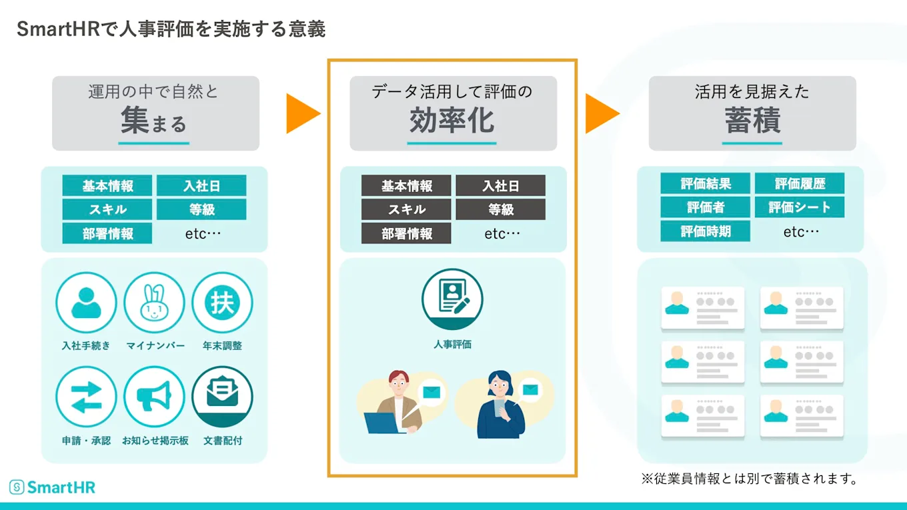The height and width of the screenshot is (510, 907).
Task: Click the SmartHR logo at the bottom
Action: pos(53,487)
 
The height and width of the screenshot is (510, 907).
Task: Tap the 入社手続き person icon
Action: pos(86,303)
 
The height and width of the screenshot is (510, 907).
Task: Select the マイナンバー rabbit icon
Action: pos(154,303)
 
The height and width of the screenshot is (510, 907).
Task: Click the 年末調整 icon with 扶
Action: pos(222,303)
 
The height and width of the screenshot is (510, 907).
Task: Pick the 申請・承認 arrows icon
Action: pos(86,397)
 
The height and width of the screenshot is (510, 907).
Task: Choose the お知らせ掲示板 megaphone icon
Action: pos(154,397)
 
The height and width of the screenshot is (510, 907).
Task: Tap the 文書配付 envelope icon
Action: pos(222,397)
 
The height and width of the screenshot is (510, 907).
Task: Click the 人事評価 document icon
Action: pos(452,299)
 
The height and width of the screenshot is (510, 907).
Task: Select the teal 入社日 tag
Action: pos(201,186)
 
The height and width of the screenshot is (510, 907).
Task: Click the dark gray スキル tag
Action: pos(406,209)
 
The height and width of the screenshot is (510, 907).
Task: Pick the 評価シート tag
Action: pos(800,207)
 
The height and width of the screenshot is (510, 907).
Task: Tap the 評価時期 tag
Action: pos(706,231)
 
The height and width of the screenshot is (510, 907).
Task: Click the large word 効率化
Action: pos(452,121)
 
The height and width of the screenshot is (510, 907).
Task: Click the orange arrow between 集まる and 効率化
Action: pos(301,113)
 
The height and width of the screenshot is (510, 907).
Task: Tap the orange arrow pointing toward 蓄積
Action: pos(601,113)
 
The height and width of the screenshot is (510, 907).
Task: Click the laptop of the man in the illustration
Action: pos(384,423)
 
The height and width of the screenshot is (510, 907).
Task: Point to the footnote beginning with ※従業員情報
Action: pos(749,479)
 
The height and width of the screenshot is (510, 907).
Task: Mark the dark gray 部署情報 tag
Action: pos(406,233)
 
